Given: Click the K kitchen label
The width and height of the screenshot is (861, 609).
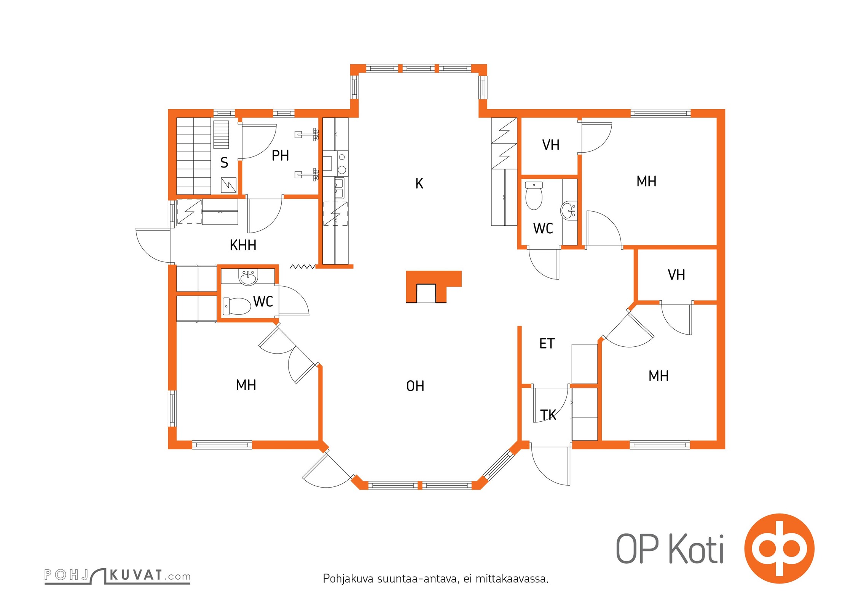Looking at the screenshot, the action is pyautogui.click(x=419, y=183).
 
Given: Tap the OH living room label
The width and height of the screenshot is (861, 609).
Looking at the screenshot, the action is pyautogui.click(x=415, y=386).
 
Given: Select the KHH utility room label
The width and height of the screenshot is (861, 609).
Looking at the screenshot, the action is pyautogui.click(x=243, y=245).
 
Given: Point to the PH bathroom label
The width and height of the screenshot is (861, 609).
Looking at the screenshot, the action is pyautogui.click(x=280, y=155).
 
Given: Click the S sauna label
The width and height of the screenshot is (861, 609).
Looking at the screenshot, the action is pyautogui.click(x=224, y=163).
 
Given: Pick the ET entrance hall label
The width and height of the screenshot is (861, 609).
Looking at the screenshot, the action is pyautogui.click(x=547, y=344).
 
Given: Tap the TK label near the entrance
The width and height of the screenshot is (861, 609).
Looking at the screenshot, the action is pyautogui.click(x=548, y=415).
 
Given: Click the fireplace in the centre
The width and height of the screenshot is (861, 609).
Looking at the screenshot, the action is pyautogui.click(x=434, y=287).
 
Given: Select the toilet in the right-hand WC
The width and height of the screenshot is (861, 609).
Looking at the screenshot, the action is pyautogui.click(x=534, y=196).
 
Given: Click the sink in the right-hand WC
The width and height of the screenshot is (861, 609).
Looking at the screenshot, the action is pyautogui.click(x=569, y=210).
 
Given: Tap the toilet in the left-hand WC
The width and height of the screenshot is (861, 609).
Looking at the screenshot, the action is pyautogui.click(x=236, y=306).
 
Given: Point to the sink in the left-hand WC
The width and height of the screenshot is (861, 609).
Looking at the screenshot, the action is pyautogui.click(x=248, y=277).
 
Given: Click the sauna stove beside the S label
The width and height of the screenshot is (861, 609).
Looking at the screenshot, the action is pyautogui.click(x=228, y=185).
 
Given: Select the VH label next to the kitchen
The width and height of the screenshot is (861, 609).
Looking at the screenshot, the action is pyautogui.click(x=550, y=145).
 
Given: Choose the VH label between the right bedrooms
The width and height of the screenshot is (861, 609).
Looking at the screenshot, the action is pyautogui.click(x=676, y=275).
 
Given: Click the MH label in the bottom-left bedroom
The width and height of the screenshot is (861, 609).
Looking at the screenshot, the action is pyautogui.click(x=246, y=385).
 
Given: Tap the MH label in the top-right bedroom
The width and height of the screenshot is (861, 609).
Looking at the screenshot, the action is pyautogui.click(x=646, y=181).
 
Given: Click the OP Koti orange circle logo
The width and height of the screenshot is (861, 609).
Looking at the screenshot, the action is pyautogui.click(x=779, y=548).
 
